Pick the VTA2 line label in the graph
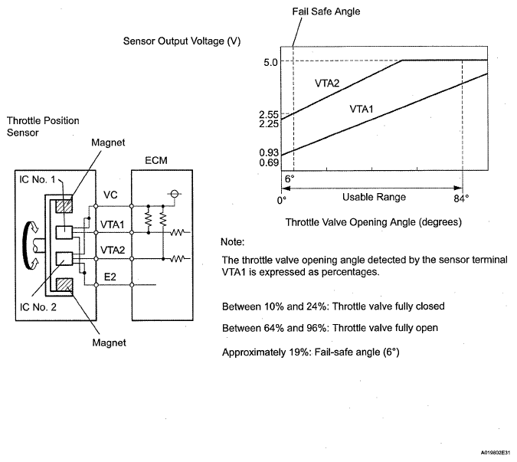click(327, 82)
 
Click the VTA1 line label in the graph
click(362, 110)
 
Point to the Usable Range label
click(375, 197)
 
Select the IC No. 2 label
click(38, 313)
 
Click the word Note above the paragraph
click(232, 243)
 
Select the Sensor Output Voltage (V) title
click(182, 41)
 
